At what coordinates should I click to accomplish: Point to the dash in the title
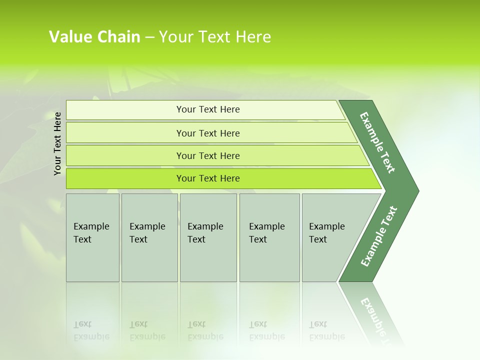(149, 37)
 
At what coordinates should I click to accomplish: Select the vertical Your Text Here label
(57, 143)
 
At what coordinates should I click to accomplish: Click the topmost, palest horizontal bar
(208, 109)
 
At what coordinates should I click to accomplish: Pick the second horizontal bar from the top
(208, 133)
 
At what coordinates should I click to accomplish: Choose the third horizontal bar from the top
(208, 156)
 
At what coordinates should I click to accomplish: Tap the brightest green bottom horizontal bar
(208, 178)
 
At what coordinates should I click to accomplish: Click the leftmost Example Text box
(92, 237)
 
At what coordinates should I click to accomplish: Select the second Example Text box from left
(149, 237)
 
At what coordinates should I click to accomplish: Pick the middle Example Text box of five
(208, 237)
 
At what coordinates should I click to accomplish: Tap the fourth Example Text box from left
(269, 237)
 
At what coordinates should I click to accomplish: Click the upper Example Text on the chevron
(377, 142)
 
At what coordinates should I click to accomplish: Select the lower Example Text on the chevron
(379, 236)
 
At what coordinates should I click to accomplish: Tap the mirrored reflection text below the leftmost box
(91, 330)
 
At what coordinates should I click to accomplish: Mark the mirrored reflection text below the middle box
(205, 330)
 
